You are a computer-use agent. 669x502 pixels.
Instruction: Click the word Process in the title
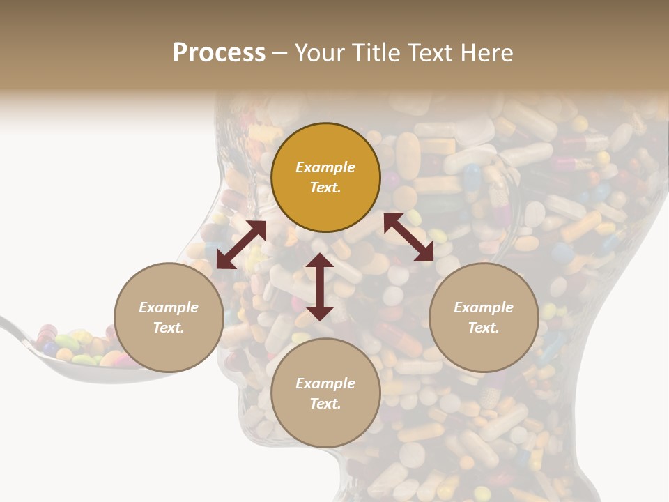tap(219, 53)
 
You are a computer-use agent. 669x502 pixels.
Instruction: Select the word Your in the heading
tap(319, 53)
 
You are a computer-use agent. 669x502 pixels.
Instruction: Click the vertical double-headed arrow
tap(320, 287)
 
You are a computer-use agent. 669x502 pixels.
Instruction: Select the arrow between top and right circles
tap(409, 237)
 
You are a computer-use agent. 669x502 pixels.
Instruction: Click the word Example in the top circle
tap(325, 167)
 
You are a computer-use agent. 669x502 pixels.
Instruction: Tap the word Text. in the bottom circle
tap(325, 404)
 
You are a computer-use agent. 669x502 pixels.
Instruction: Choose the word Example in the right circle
tap(484, 307)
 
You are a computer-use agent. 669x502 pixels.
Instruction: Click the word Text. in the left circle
tap(169, 328)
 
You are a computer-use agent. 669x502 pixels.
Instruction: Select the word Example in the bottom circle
tap(325, 383)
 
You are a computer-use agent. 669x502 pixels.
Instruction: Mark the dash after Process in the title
tap(280, 53)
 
